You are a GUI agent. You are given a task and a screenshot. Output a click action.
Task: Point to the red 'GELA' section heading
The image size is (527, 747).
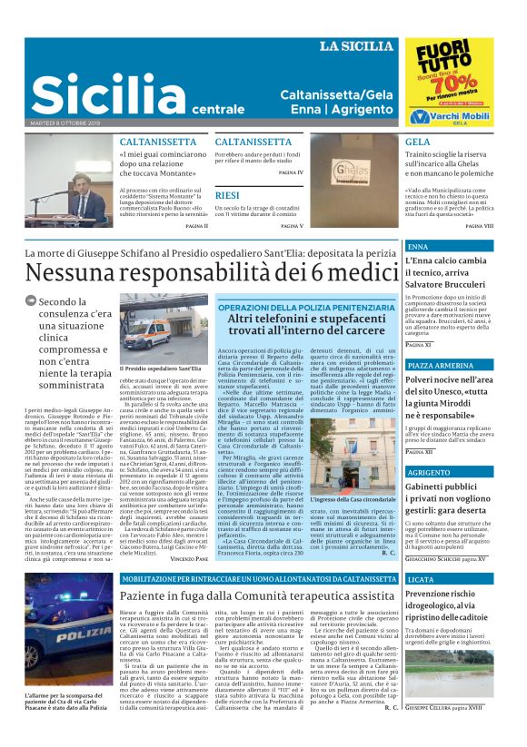pos(418,143)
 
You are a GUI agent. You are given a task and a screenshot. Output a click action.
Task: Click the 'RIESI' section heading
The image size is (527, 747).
pos(227,195)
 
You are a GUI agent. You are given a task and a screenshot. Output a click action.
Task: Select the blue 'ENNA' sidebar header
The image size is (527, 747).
pos(418,247)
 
